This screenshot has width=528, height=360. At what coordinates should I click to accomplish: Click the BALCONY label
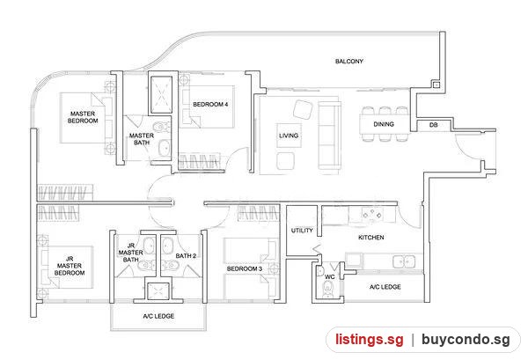tap(349, 62)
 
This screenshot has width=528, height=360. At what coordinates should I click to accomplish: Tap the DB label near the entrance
tap(433, 125)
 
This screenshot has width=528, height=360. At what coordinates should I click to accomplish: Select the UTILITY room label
tap(302, 231)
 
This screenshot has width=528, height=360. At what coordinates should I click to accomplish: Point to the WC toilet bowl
tap(327, 290)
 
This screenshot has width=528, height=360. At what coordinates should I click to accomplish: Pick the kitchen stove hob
tap(371, 214)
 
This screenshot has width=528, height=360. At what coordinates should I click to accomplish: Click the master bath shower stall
tap(161, 95)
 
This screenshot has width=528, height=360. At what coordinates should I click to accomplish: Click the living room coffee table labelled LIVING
tap(289, 136)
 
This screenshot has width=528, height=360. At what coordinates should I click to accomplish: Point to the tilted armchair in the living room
tap(303, 109)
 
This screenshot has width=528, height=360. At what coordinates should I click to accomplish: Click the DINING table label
tap(384, 124)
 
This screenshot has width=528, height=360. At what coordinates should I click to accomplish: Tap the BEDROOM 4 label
tap(210, 105)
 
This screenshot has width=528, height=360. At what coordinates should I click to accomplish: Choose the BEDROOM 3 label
tap(245, 268)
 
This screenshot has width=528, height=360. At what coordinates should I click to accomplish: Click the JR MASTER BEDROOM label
tap(70, 266)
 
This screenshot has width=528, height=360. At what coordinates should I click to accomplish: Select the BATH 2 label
tap(186, 256)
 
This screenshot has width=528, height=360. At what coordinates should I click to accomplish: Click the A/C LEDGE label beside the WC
tap(385, 287)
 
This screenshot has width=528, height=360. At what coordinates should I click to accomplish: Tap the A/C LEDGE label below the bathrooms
tap(158, 316)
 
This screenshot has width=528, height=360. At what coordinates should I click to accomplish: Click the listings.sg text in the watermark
tap(369, 340)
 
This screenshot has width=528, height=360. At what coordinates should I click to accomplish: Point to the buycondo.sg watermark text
tap(466, 340)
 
